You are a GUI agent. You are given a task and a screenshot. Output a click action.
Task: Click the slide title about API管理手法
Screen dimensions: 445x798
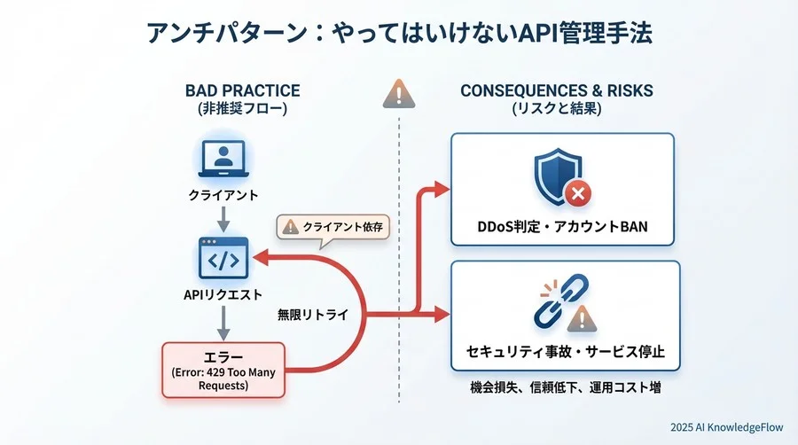point(399,35)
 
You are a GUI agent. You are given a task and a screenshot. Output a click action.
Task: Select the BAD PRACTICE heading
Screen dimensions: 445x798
point(242,90)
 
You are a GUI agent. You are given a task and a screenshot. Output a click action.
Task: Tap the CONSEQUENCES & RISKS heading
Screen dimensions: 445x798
point(556,90)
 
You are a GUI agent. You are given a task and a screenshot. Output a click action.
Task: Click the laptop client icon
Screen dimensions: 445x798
point(223,160)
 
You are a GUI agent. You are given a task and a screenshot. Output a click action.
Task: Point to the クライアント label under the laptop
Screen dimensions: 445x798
point(223,193)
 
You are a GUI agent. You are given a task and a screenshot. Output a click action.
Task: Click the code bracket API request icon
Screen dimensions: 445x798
point(223,258)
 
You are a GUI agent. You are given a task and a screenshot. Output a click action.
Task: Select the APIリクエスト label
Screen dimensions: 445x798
point(223,294)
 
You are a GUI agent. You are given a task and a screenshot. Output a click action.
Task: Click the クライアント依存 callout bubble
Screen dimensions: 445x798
point(333,227)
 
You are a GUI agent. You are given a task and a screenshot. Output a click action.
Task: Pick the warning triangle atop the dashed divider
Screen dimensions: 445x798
point(399,93)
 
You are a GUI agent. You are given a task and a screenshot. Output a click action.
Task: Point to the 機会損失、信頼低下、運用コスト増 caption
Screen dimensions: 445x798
point(565,387)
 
